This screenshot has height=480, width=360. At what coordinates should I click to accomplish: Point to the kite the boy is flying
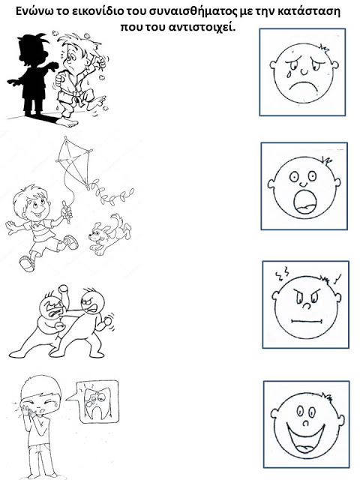click(x=75, y=162)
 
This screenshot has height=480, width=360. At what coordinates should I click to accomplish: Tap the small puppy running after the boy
click(x=110, y=234)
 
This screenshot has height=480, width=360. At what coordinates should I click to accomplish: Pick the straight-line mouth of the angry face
click(x=307, y=321)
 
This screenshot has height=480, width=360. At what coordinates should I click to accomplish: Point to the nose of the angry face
click(x=306, y=305)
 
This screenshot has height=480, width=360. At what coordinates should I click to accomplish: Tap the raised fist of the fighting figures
click(x=63, y=289)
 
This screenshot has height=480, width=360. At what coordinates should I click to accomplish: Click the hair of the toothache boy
click(x=41, y=387)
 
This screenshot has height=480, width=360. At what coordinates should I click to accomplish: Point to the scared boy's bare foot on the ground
click(x=67, y=122)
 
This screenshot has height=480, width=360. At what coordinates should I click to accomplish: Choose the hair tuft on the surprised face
click(x=326, y=161)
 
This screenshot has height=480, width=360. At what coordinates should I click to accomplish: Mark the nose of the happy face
click(x=306, y=423)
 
